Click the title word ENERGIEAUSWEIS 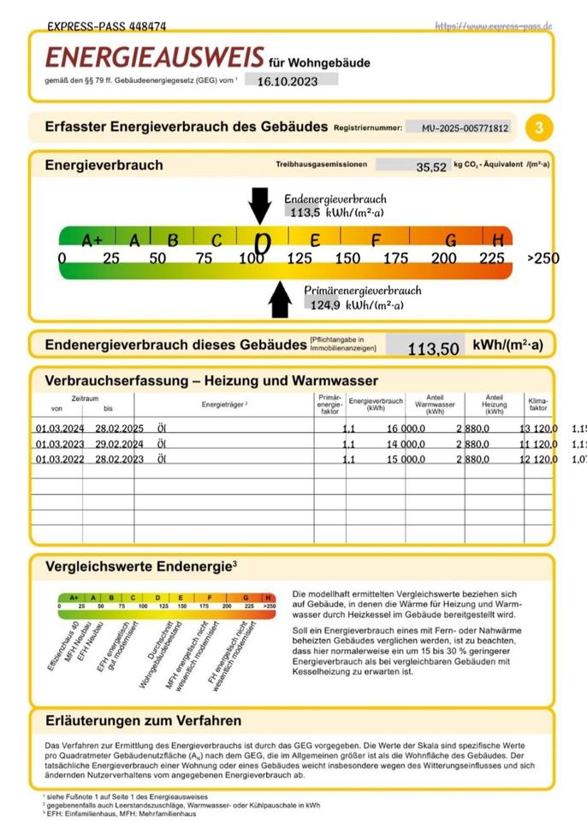pyautogui.click(x=154, y=58)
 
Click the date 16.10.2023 pyautogui.click(x=286, y=80)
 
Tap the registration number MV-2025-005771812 pyautogui.click(x=465, y=128)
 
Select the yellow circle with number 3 pyautogui.click(x=538, y=128)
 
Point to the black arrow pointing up pyautogui.click(x=280, y=299)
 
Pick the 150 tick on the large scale pyautogui.click(x=347, y=257)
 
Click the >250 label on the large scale pyautogui.click(x=543, y=257)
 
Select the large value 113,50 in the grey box pyautogui.click(x=433, y=349)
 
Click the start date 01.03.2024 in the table pyautogui.click(x=60, y=428)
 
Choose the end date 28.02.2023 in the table pyautogui.click(x=121, y=459)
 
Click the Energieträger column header pyautogui.click(x=224, y=404)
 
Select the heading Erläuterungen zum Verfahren pyautogui.click(x=143, y=721)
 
